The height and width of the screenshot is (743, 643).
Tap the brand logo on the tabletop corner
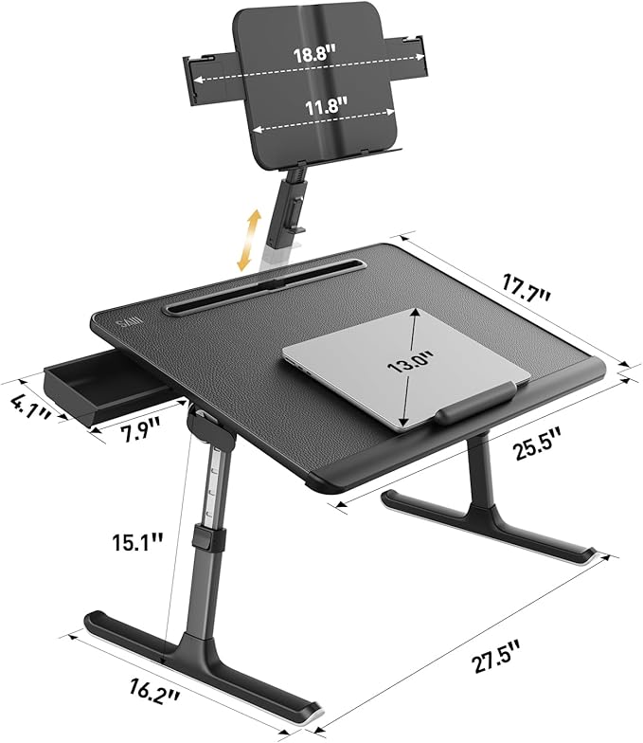(x=127, y=325)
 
